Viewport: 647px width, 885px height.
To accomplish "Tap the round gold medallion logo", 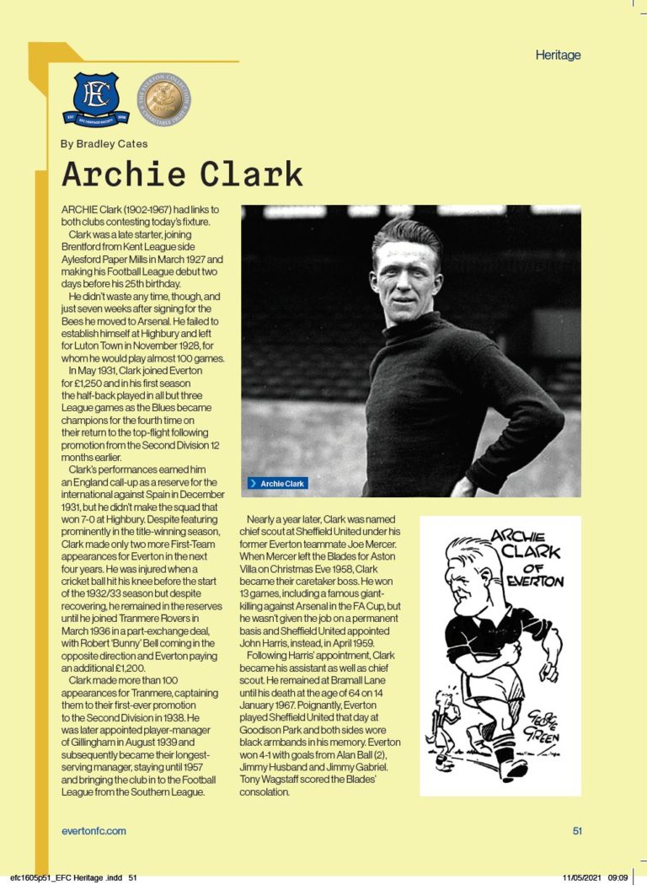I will (163, 97).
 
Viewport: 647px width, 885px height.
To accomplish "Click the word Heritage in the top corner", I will (558, 56).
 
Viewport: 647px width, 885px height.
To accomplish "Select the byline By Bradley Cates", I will (104, 144).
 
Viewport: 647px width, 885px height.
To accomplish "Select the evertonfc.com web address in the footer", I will (94, 831).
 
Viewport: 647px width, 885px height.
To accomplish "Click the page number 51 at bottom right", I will (577, 831).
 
